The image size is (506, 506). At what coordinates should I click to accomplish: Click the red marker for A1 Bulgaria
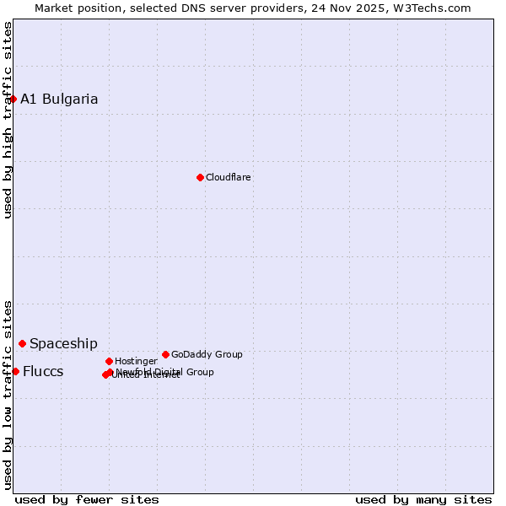coord(13,99)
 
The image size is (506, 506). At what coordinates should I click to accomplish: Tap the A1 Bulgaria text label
coord(59,100)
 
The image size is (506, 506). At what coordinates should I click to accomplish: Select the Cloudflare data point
coord(200,177)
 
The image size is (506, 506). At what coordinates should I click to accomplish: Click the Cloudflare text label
coord(229,178)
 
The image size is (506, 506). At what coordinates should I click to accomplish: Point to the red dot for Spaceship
coord(22,343)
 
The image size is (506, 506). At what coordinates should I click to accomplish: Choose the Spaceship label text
coord(63,344)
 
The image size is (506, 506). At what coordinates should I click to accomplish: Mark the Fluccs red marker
coord(15,371)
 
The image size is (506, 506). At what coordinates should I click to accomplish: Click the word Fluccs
coord(43,372)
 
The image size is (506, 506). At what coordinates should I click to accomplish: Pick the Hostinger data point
coord(109,361)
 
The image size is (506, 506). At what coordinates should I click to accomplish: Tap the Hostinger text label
coord(136,362)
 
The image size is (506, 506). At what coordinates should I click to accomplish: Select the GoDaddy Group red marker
coord(165,354)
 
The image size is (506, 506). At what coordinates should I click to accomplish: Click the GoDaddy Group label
coord(207,355)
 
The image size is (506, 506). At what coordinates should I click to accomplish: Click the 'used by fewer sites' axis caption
coord(87,500)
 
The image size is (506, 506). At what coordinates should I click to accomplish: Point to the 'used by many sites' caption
coord(423,500)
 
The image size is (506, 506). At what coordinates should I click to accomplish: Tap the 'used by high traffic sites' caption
coord(8,120)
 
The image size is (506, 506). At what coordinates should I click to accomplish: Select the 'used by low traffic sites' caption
coord(8,395)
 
